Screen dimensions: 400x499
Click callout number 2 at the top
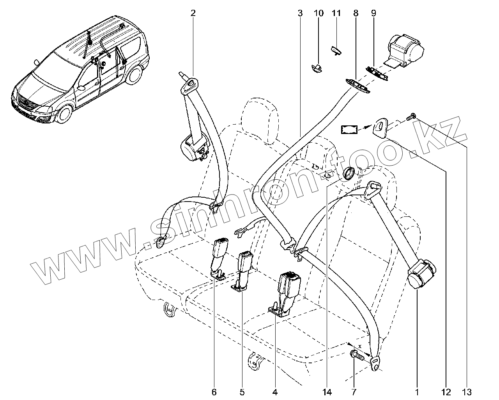click(193, 13)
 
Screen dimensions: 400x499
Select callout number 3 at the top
click(300, 13)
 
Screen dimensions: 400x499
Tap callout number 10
click(319, 13)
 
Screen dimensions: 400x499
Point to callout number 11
click(336, 13)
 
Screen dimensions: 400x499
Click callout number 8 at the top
click(356, 13)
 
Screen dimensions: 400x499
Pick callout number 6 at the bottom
click(214, 391)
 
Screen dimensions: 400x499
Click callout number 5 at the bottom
click(242, 391)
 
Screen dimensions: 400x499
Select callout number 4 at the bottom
click(275, 391)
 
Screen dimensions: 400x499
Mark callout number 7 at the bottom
click(354, 391)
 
